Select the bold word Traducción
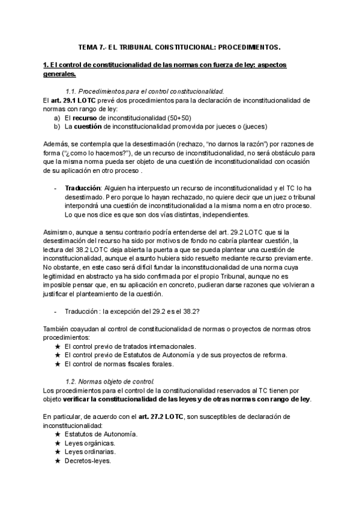point(83,188)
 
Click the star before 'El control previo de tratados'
point(57,346)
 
